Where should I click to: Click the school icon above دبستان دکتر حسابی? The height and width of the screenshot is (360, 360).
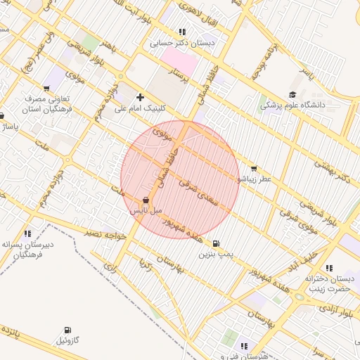pos(183,32)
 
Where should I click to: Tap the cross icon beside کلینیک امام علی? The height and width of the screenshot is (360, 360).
pos(141,97)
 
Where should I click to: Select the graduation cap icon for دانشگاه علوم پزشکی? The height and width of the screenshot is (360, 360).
pos(292,95)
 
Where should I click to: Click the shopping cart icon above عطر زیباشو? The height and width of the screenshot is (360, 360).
pos(253,169)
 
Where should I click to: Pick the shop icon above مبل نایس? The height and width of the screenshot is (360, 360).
pos(146,200)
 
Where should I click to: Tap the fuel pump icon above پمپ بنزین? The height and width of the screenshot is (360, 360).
pos(214,243)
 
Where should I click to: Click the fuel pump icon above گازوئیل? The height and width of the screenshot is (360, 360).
pos(67,330)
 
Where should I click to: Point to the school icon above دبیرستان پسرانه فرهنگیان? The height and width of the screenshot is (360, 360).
pos(28,233)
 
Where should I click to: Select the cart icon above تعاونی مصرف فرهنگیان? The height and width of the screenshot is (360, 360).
pos(46,89)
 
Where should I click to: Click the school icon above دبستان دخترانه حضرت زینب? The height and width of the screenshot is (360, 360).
pos(309,268)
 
